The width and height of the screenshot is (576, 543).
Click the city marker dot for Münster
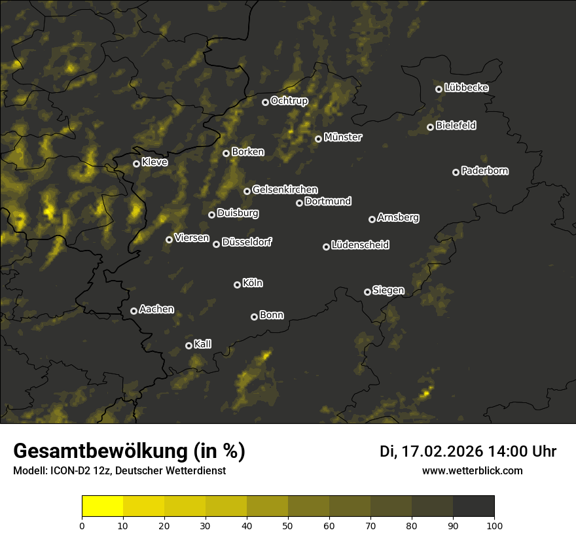[318, 139]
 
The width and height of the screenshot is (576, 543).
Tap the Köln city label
[253, 283]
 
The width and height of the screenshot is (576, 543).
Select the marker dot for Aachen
[134, 311]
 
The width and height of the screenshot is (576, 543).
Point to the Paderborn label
[485, 171]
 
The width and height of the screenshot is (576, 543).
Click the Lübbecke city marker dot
[439, 89]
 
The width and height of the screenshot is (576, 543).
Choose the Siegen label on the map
[388, 290]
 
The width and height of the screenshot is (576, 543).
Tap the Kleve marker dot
[136, 164]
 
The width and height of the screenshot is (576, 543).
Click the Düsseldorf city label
[247, 242]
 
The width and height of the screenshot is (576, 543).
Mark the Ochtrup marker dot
[265, 102]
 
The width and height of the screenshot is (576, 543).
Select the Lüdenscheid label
[360, 245]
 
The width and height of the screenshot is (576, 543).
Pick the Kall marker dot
[189, 345]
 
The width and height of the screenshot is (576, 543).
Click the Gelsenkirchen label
[285, 190]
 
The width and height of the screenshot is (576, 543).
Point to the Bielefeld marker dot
[430, 127]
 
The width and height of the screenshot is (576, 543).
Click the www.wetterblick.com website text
[472, 471]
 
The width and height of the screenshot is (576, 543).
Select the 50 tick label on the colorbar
[288, 525]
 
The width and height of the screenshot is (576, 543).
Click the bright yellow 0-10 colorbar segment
[103, 506]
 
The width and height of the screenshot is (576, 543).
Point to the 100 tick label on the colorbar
[494, 525]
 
